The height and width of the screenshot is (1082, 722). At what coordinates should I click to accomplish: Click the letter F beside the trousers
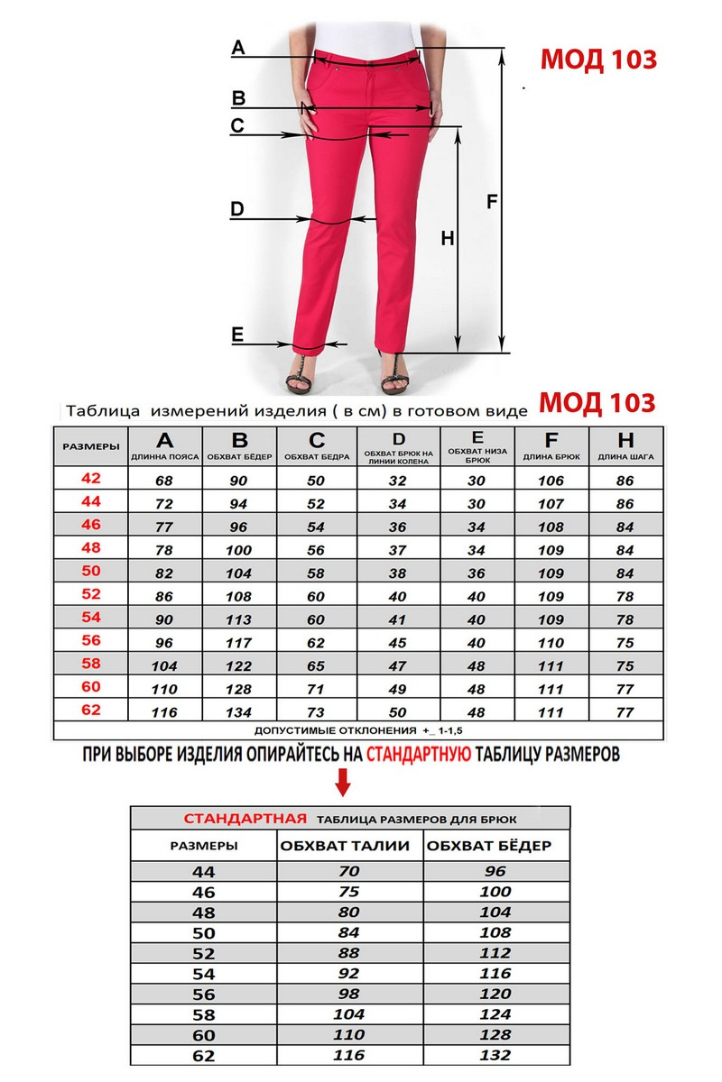click(492, 202)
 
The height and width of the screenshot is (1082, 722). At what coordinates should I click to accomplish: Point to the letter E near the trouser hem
click(237, 335)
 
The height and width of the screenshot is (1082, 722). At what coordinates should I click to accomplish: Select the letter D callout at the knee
click(237, 210)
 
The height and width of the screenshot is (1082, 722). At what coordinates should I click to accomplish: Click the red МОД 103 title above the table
click(597, 402)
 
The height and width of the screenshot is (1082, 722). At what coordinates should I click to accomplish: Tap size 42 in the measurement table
click(91, 479)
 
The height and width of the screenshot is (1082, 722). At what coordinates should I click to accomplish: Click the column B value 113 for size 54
click(239, 619)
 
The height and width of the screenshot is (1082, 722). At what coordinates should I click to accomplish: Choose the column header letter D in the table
click(400, 438)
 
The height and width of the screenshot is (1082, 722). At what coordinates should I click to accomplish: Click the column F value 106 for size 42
click(550, 480)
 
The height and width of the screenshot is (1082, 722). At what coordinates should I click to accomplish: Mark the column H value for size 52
click(624, 597)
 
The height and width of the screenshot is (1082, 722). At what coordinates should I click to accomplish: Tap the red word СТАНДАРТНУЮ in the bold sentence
click(418, 755)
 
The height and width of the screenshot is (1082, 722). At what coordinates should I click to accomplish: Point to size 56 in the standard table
click(206, 994)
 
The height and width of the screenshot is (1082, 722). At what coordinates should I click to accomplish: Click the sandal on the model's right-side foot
click(395, 373)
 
